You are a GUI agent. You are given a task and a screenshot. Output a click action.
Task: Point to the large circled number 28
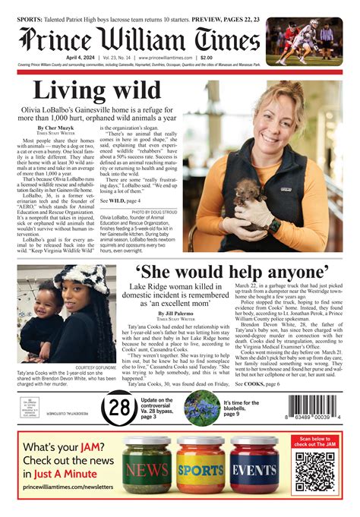[118, 408]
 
